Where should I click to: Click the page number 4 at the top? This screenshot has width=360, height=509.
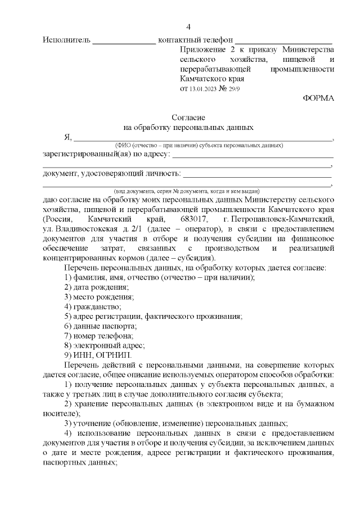188,26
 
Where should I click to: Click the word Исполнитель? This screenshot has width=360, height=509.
66,40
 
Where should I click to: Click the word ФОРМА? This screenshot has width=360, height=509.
318,98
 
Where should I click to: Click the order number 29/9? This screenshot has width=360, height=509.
233,89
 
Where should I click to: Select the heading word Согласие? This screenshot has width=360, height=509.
188,118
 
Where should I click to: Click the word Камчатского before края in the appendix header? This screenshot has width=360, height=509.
205,79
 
